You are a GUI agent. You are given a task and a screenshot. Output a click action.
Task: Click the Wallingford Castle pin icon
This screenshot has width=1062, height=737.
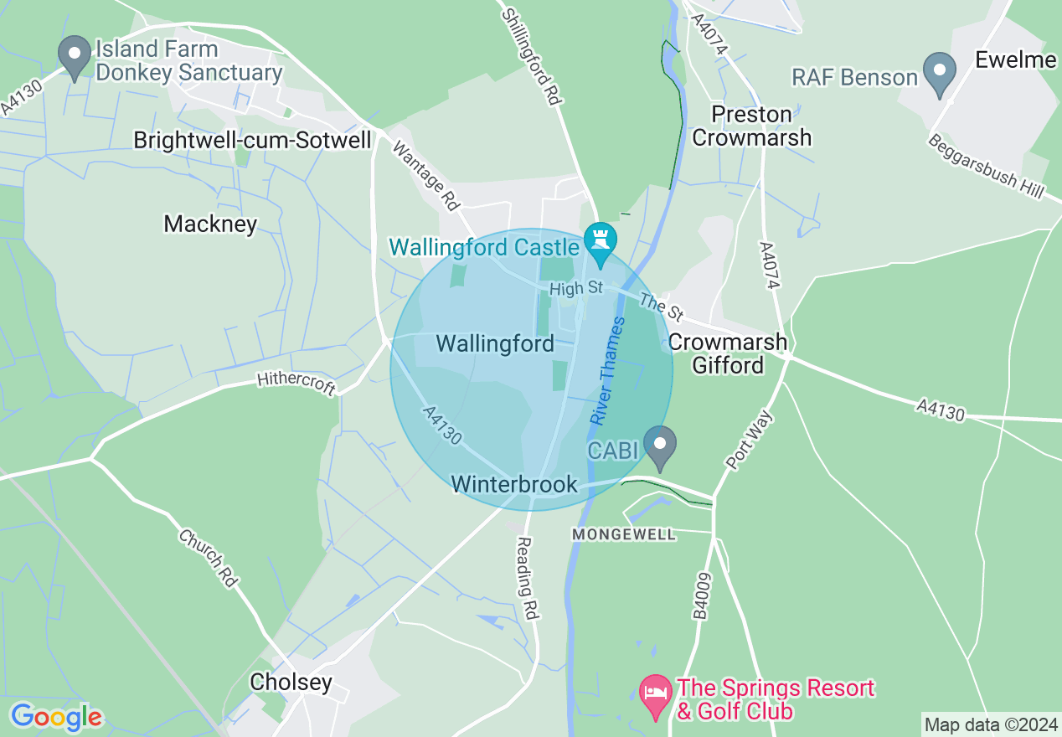pyautogui.click(x=601, y=239)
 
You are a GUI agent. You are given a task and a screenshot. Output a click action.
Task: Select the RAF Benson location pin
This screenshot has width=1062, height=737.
pyautogui.click(x=939, y=73)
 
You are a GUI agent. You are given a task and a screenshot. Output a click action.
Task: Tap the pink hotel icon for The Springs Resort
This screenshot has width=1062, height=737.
pyautogui.click(x=655, y=695)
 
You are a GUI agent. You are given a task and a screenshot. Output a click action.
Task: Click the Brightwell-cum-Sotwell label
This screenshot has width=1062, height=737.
pyautogui.click(x=252, y=140)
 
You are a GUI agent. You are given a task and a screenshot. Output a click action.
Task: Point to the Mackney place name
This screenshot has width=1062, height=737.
pyautogui.click(x=210, y=224)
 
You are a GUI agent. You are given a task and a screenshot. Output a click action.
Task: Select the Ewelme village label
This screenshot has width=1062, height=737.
pyautogui.click(x=1016, y=60)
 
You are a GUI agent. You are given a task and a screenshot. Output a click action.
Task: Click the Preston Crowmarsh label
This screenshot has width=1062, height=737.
pyautogui.click(x=752, y=126)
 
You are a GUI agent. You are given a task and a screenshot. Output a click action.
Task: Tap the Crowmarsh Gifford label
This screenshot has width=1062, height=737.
pyautogui.click(x=728, y=353)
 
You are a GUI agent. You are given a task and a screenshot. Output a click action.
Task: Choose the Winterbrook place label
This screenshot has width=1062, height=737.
pyautogui.click(x=514, y=484)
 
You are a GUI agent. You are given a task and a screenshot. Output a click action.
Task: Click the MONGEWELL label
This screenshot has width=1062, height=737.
pyautogui.click(x=624, y=534)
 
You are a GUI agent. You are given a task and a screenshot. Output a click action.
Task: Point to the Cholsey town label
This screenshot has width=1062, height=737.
pyautogui.click(x=291, y=683)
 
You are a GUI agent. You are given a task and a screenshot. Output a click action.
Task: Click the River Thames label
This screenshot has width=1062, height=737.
pyautogui.click(x=608, y=370)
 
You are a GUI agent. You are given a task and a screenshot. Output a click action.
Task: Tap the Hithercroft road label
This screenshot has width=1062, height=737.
pyautogui.click(x=296, y=384)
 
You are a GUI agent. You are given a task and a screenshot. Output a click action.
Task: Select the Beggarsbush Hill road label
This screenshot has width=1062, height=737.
pyautogui.click(x=986, y=166)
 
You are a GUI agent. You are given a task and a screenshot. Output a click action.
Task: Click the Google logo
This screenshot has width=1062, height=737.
pyautogui.click(x=56, y=716)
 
